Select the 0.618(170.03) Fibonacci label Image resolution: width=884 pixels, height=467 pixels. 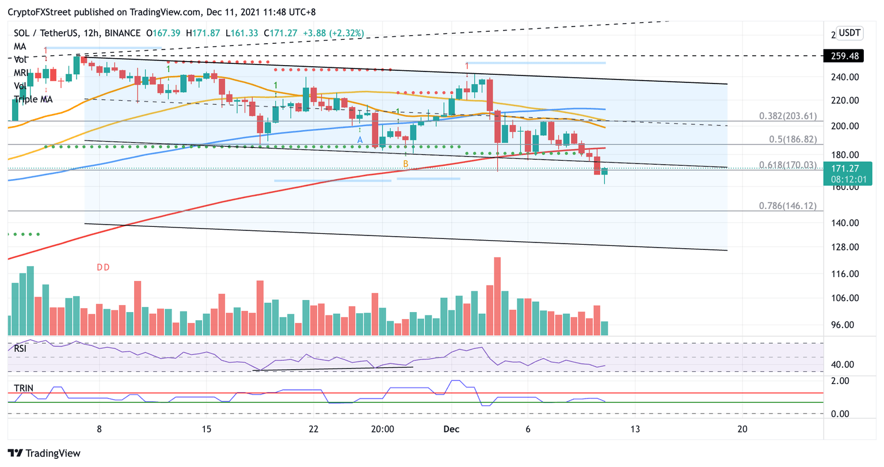coord(787,165)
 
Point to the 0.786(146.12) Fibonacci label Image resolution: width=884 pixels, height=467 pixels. coord(787,206)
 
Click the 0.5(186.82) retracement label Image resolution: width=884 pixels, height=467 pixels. coord(792,139)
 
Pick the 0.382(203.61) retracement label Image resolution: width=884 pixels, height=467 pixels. coord(787,116)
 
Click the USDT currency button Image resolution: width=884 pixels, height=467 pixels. coord(849,33)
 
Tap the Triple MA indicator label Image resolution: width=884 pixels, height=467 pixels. coord(33,99)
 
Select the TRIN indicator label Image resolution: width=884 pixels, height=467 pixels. coord(24,388)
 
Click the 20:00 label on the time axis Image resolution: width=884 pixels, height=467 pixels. coord(383,429)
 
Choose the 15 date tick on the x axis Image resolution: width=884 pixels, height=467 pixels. coord(207,429)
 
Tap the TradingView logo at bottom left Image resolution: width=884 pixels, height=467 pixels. coord(44,453)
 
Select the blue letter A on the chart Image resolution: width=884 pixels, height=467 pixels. coord(360,140)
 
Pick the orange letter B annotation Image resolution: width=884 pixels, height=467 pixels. coord(405,164)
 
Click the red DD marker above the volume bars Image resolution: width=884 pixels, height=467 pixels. coord(103,267)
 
